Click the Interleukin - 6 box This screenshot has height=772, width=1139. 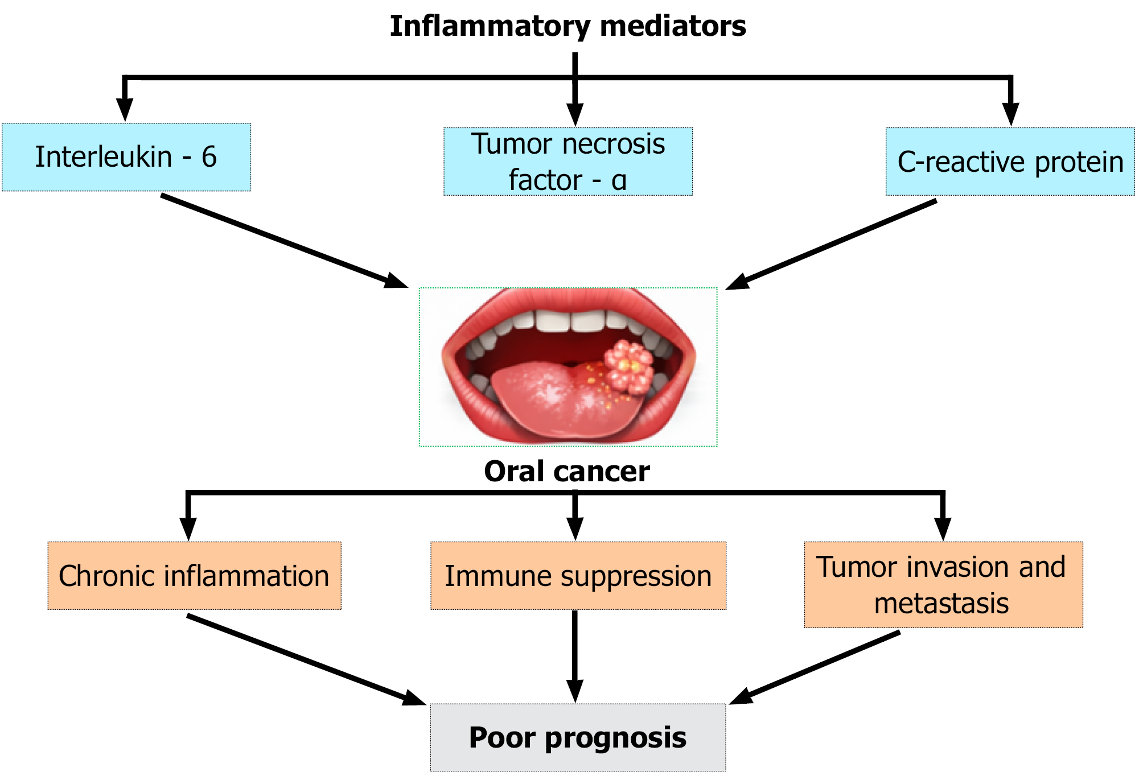coord(126,157)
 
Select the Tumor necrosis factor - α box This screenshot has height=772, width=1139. coord(568,162)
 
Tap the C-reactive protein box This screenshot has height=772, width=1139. coord(1010,162)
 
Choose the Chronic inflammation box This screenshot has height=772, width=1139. coord(195,576)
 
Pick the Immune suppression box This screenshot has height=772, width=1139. coord(578,576)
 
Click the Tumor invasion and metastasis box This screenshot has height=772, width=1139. coord(944,585)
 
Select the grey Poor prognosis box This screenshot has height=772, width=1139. coord(578,738)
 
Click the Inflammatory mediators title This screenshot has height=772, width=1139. coord(568,26)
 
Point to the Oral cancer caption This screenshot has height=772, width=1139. coord(567,471)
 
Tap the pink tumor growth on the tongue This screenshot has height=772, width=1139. coord(628,366)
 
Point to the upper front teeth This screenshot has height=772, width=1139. coord(569,321)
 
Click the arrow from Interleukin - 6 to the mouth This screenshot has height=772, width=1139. coord(285,241)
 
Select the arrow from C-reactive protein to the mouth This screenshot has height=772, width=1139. coord(831,245)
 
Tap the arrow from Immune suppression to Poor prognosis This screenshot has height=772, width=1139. coord(575,657)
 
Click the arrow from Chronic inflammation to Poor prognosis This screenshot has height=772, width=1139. coord(307,660)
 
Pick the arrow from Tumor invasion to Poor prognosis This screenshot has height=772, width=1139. coord(815,667)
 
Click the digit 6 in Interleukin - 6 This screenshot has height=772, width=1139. coord(209,157)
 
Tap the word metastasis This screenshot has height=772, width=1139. coord(941,604)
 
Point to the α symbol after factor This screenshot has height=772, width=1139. coord(619,181)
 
